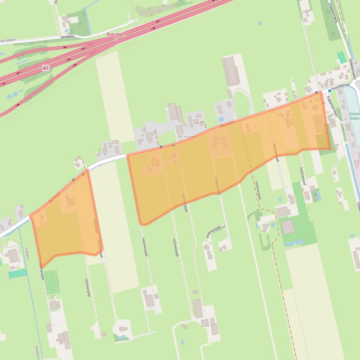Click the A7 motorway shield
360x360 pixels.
pos(45,68)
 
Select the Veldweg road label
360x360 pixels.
pos(67,36)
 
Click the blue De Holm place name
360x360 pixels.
pos(185,136)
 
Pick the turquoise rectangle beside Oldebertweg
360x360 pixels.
pos(342,58)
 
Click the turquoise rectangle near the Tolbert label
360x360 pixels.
pos(18,273)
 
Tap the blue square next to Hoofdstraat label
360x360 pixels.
pos(330,90)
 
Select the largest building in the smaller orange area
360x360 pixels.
pos(71,202)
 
